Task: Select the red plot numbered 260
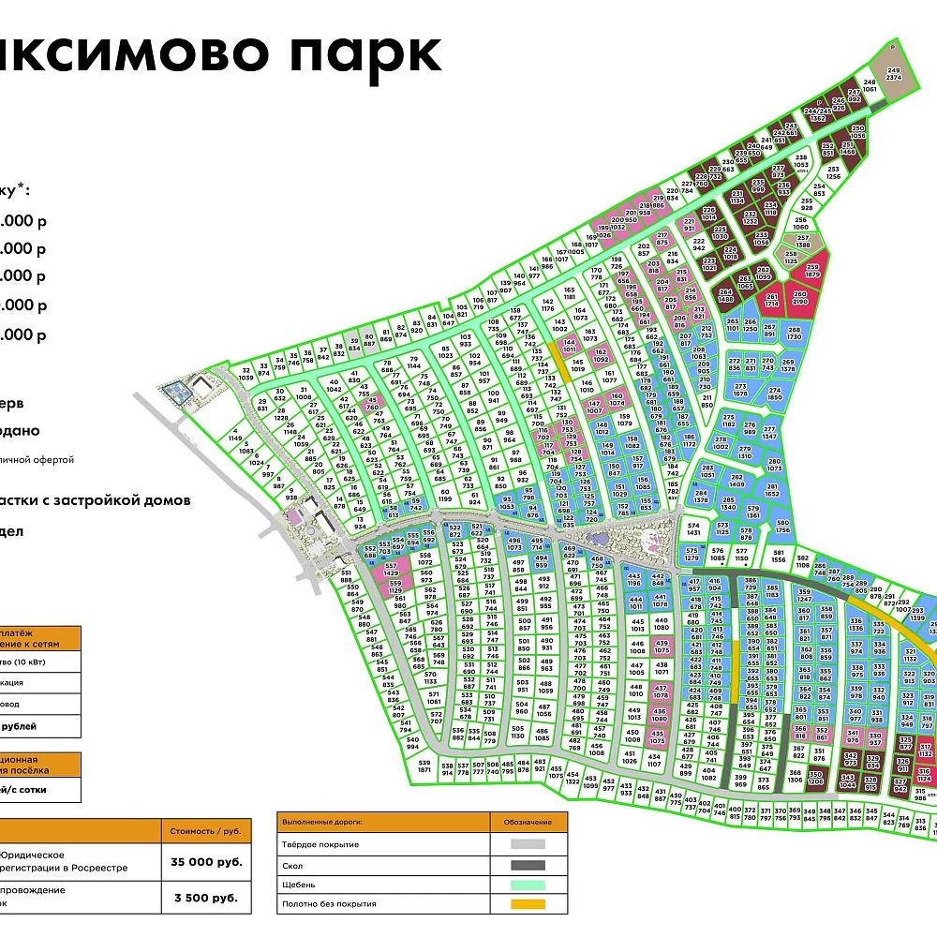[799, 298]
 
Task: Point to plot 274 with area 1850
[774, 393]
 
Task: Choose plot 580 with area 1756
[782, 527]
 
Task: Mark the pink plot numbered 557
[392, 569]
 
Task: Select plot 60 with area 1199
[444, 494]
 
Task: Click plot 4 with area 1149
[234, 435]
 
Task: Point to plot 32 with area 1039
[246, 374]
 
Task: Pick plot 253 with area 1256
[833, 174]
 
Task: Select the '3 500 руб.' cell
[205, 897]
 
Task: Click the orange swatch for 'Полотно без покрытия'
[529, 904]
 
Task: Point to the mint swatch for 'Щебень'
[529, 884]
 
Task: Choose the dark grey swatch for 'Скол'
[529, 864]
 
